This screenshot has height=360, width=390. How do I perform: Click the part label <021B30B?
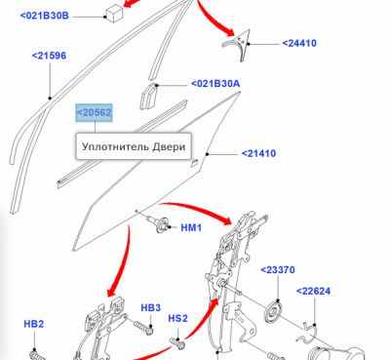pyautogui.click(x=45, y=16)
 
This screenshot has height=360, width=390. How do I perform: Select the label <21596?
pyautogui.click(x=49, y=56)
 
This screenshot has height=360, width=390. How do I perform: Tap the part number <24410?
pyautogui.click(x=299, y=43)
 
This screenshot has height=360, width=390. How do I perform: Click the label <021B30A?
pyautogui.click(x=215, y=84)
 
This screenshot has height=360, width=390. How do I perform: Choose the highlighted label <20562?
pyautogui.click(x=94, y=112)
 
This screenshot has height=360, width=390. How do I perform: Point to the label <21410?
pyautogui.click(x=258, y=153)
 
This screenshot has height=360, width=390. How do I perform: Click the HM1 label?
pyautogui.click(x=191, y=227)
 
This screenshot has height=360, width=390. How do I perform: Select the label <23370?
pyautogui.click(x=278, y=270)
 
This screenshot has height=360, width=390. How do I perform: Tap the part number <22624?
pyautogui.click(x=314, y=291)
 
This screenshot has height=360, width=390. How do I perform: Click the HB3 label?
pyautogui.click(x=151, y=307)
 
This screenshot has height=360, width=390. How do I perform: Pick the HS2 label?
pyautogui.click(x=178, y=318)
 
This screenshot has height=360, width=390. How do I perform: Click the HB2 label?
pyautogui.click(x=34, y=324)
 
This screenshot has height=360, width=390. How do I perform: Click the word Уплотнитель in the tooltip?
pyautogui.click(x=111, y=146)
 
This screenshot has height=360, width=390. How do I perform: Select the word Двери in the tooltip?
pyautogui.click(x=165, y=146)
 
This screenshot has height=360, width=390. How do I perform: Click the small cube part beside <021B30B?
pyautogui.click(x=115, y=14)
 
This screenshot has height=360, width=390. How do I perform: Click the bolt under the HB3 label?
pyautogui.click(x=143, y=327)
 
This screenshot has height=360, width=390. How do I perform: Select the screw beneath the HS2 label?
pyautogui.click(x=177, y=342)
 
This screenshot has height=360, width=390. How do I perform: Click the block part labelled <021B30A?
pyautogui.click(x=148, y=97)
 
